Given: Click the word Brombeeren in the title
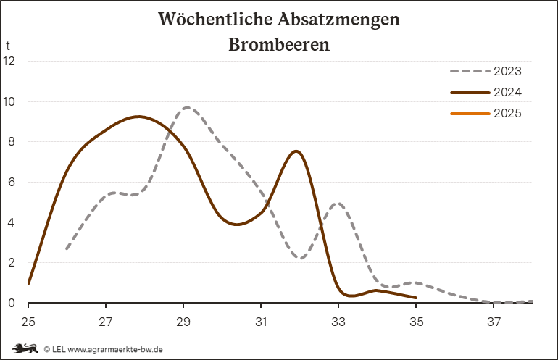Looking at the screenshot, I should pyautogui.click(x=279, y=45).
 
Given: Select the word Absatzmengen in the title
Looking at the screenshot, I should pyautogui.click(x=340, y=19).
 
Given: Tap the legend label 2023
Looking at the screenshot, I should pyautogui.click(x=507, y=72).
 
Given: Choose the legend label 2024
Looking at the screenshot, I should pyautogui.click(x=507, y=93).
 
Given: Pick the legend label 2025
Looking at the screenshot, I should pyautogui.click(x=507, y=114).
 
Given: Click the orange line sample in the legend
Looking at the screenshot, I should pyautogui.click(x=470, y=114).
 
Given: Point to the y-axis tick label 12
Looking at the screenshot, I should pyautogui.click(x=9, y=61).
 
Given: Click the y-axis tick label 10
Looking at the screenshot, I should pyautogui.click(x=9, y=101).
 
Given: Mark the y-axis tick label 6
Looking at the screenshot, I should pyautogui.click(x=11, y=183).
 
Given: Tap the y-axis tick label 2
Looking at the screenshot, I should pyautogui.click(x=11, y=263).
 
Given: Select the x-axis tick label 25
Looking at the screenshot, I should pyautogui.click(x=28, y=320).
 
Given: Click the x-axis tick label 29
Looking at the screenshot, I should pyautogui.click(x=183, y=320).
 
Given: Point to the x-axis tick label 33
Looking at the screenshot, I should pyautogui.click(x=338, y=320).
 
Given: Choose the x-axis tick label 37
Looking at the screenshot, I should pyautogui.click(x=494, y=320).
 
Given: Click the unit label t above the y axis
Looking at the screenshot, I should pyautogui.click(x=8, y=46).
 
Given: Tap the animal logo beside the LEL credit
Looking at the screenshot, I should pyautogui.click(x=25, y=348).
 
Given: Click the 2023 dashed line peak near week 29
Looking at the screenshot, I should pyautogui.click(x=187, y=107).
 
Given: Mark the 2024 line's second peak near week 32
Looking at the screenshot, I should pyautogui.click(x=296, y=151).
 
